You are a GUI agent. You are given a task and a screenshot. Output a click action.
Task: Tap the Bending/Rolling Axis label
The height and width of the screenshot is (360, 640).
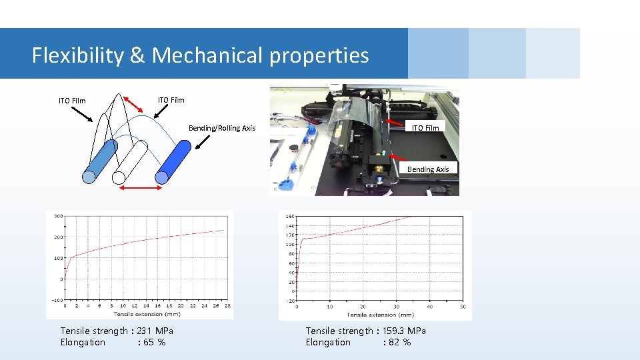(x=222, y=128)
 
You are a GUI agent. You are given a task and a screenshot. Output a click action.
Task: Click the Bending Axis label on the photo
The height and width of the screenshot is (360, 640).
(x=428, y=169)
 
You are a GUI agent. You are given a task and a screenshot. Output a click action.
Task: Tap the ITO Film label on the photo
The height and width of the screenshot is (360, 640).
(x=425, y=128)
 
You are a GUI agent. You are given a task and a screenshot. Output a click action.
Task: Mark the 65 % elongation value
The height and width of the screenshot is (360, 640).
(x=151, y=342)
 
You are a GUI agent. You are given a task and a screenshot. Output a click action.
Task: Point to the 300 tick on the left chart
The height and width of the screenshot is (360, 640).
(x=59, y=216)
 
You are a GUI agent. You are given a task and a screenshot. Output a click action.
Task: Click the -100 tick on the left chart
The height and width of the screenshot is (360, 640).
(x=57, y=299)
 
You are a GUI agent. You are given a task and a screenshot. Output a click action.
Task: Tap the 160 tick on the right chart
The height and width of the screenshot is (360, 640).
(x=291, y=216)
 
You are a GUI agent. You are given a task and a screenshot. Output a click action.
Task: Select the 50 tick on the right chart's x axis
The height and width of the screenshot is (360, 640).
(x=462, y=307)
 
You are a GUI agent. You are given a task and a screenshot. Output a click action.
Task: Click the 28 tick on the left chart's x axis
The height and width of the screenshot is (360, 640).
(x=227, y=306)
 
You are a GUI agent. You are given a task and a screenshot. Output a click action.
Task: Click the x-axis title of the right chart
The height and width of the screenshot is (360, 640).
(x=380, y=315)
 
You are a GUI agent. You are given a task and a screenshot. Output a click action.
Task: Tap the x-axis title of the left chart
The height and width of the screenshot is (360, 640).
(x=147, y=313)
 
